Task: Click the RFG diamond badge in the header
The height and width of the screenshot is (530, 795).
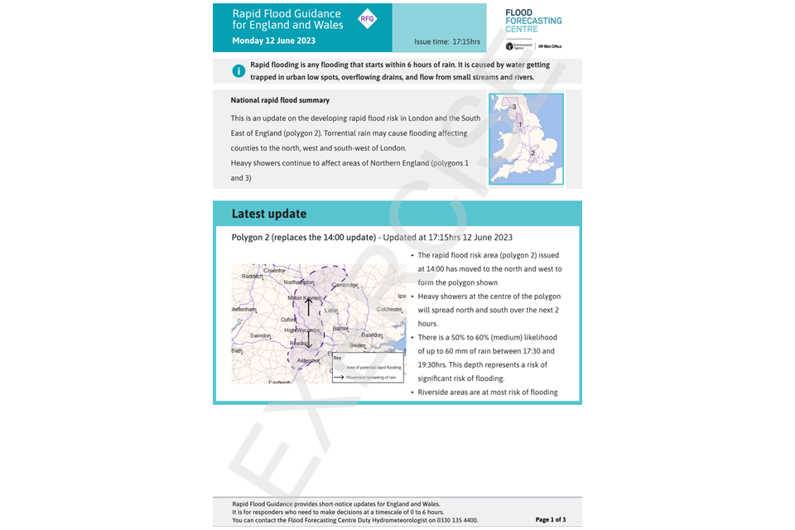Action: pyautogui.click(x=367, y=19)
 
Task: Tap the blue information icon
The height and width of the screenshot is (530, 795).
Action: pyautogui.click(x=238, y=71)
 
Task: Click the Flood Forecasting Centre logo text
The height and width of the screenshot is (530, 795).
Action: pyautogui.click(x=533, y=20)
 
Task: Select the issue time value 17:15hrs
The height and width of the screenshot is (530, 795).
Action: pyautogui.click(x=466, y=41)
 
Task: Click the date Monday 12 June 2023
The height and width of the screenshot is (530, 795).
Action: pyautogui.click(x=274, y=41)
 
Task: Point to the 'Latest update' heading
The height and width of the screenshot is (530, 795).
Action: pyautogui.click(x=269, y=214)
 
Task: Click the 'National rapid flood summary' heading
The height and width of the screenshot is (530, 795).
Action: pyautogui.click(x=280, y=100)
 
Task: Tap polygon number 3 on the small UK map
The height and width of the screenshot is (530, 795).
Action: pyautogui.click(x=514, y=108)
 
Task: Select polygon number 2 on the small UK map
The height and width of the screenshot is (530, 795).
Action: pyautogui.click(x=532, y=153)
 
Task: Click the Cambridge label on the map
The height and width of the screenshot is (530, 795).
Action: pyautogui.click(x=345, y=285)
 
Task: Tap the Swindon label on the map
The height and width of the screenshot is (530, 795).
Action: pyautogui.click(x=261, y=335)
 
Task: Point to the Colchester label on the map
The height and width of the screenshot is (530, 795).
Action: pyautogui.click(x=389, y=309)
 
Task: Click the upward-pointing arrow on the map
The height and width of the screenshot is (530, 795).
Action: pyautogui.click(x=309, y=306)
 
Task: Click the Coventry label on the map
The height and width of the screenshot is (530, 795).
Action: pyautogui.click(x=273, y=271)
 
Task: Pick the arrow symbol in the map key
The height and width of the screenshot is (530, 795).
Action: pyautogui.click(x=340, y=377)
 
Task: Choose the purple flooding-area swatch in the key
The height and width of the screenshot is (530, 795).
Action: pyautogui.click(x=340, y=366)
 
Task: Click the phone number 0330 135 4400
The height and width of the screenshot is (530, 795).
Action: pyautogui.click(x=458, y=520)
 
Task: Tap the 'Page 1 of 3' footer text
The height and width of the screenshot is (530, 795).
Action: pyautogui.click(x=551, y=520)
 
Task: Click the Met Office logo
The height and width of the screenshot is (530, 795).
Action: pyautogui.click(x=550, y=46)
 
